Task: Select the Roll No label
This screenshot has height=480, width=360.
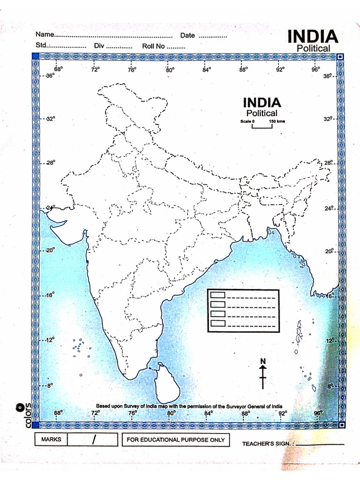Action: [x=153, y=46]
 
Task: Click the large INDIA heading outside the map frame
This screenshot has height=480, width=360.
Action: [x=312, y=37]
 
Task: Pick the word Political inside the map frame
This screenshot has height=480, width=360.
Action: [x=262, y=113]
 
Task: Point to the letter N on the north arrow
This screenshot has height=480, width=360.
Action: [x=263, y=361]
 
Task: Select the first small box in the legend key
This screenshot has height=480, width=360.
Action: [x=218, y=295]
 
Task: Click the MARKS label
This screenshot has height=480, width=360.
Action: [x=51, y=440]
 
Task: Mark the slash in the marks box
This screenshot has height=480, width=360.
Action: [x=94, y=440]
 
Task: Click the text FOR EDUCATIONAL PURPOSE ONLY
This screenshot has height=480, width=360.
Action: [x=176, y=440]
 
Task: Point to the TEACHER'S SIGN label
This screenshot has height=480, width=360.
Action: [x=268, y=443]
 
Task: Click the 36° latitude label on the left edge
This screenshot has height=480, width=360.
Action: [x=49, y=76]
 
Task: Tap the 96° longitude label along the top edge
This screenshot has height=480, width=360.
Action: [x=315, y=69]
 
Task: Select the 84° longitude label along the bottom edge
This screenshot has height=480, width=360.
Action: [x=208, y=413]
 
